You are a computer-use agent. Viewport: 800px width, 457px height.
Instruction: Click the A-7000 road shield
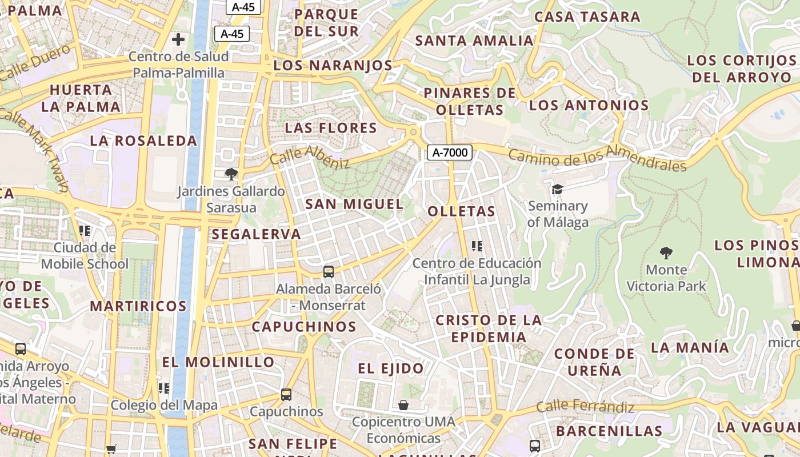[x=450, y=153]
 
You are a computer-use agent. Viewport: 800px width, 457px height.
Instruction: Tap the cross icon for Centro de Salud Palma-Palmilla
[x=178, y=39]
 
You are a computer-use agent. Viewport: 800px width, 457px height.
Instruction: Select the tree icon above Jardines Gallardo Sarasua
[x=231, y=174]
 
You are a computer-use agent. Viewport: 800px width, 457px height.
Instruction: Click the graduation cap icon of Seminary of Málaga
[x=557, y=189]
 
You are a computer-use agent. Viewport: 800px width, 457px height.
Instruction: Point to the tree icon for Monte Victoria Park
[x=666, y=252]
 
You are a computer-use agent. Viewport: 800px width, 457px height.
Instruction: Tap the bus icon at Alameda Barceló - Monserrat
[x=329, y=272]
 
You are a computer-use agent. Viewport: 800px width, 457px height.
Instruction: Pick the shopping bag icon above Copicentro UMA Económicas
[x=403, y=405]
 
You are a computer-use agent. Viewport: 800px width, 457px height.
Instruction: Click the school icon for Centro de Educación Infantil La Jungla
[x=477, y=246]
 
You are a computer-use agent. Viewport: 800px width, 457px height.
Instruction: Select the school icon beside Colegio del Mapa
[x=164, y=388]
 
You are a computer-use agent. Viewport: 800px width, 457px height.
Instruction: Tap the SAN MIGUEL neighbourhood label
[x=354, y=204]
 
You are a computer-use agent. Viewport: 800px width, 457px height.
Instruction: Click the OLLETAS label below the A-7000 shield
[x=462, y=211]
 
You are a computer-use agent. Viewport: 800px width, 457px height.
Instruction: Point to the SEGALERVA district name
[x=256, y=234]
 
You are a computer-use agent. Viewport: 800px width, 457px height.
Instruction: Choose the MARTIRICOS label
[x=138, y=306]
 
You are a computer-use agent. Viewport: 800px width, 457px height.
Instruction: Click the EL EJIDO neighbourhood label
[x=391, y=368]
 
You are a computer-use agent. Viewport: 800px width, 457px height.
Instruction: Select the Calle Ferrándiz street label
[x=585, y=407]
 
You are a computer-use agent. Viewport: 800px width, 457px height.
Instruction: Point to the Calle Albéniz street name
[x=310, y=157]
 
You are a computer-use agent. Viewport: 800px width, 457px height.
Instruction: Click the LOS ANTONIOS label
[x=589, y=105]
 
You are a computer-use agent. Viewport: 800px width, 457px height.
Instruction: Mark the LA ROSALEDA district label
[x=143, y=141]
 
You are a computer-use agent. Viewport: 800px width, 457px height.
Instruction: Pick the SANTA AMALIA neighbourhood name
[x=474, y=41]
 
